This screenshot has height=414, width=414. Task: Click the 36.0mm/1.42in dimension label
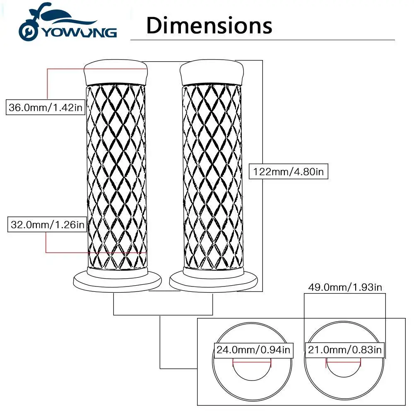(46, 108)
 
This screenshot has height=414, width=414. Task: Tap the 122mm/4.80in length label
(289, 171)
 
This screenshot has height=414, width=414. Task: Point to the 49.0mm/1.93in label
(345, 287)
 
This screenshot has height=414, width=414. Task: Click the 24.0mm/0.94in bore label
(253, 350)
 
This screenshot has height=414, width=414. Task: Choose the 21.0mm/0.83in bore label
(344, 350)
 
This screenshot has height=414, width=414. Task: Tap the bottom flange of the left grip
(117, 281)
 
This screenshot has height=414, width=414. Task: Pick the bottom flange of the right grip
(214, 281)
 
